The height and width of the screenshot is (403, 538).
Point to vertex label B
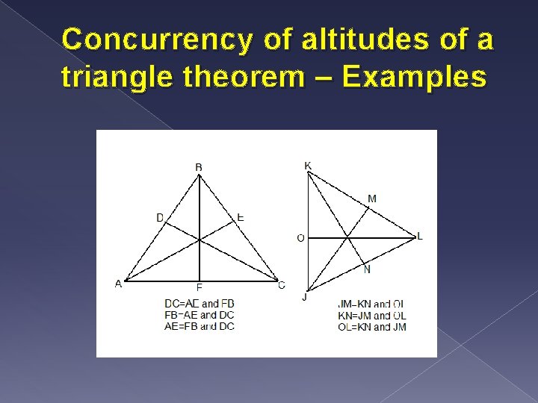(199, 167)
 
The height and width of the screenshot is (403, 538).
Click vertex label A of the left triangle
(117, 283)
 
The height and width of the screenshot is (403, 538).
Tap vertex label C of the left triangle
(281, 284)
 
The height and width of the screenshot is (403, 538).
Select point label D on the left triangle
(159, 217)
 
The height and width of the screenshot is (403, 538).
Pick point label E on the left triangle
(240, 216)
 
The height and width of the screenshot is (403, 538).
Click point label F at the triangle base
(199, 287)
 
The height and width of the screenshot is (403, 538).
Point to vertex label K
(308, 165)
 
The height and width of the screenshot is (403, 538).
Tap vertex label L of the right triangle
(420, 236)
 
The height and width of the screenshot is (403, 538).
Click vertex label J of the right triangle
(304, 296)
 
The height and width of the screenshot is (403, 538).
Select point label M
(372, 199)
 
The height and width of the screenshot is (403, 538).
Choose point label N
(367, 269)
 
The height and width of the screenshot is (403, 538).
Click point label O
(300, 238)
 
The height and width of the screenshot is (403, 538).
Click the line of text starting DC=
(199, 304)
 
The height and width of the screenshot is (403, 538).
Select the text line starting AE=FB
(199, 326)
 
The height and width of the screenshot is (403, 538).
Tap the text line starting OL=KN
(372, 327)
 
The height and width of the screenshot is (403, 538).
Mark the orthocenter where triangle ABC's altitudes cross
(200, 240)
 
